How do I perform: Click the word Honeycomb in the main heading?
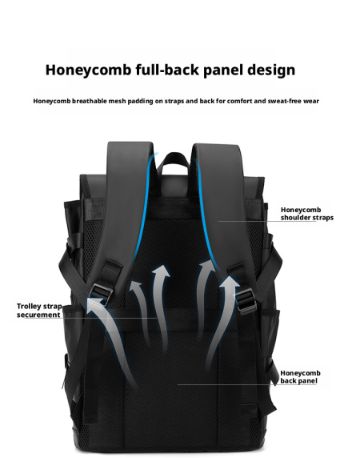point(88,70)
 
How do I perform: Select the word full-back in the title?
point(167,70)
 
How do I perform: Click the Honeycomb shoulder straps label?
point(307,214)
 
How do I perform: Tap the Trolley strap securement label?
point(39,311)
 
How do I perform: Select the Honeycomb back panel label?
point(300,377)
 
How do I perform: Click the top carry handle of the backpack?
point(175,160)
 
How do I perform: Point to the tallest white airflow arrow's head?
point(161,271)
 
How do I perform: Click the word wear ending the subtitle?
point(311,101)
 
